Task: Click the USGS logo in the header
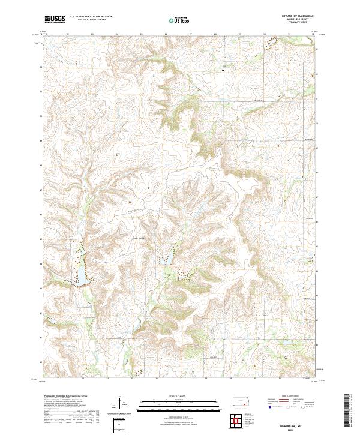(x=55, y=19)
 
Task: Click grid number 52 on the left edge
(x=41, y=67)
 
